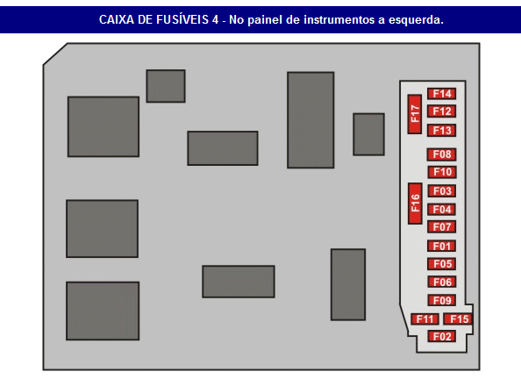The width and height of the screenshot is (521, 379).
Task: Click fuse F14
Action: (441, 94)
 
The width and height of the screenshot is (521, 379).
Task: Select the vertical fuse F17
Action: (415, 114)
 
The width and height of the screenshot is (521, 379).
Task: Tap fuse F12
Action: (441, 111)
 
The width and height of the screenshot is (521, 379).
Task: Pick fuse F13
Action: (441, 131)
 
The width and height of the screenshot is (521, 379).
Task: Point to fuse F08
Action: (441, 154)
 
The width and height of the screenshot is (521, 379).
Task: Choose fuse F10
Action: (441, 172)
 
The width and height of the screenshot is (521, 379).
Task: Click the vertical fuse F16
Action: (415, 204)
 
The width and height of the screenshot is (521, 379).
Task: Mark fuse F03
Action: (441, 191)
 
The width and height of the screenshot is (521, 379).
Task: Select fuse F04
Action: (441, 210)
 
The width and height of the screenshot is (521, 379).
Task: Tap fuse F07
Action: (441, 226)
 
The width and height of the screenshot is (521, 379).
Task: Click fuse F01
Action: (441, 246)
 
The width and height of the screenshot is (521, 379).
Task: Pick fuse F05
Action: (441, 264)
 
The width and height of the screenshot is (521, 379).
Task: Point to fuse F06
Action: (441, 282)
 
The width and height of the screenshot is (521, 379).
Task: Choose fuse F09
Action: (441, 300)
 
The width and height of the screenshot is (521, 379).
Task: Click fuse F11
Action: (425, 319)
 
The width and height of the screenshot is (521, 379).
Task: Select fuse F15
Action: (458, 319)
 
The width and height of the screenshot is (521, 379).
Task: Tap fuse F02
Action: (441, 336)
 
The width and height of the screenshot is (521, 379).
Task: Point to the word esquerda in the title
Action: (416, 19)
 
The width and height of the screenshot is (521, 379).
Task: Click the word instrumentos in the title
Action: (339, 19)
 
